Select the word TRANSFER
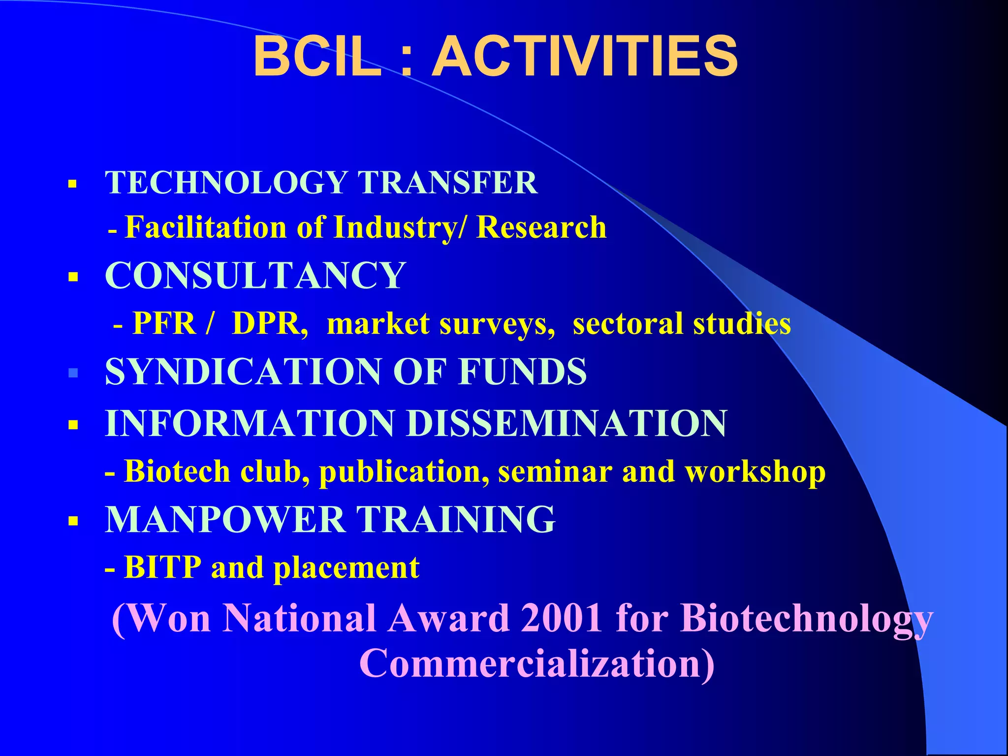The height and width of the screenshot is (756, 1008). (447, 183)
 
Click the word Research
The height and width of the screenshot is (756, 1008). (541, 227)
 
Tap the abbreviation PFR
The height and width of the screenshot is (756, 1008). (164, 323)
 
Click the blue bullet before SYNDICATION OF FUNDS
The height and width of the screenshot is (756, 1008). (73, 373)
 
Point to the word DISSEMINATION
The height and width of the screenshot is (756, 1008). (567, 423)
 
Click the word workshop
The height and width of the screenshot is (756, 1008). (756, 472)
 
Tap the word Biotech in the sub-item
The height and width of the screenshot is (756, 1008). (177, 471)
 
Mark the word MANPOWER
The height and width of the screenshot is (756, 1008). (225, 519)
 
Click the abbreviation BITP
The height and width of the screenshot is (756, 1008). (163, 567)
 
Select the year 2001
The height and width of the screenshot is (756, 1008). (562, 618)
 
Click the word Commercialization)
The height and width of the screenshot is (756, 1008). (537, 663)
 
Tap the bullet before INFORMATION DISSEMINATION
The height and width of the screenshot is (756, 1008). (73, 424)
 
